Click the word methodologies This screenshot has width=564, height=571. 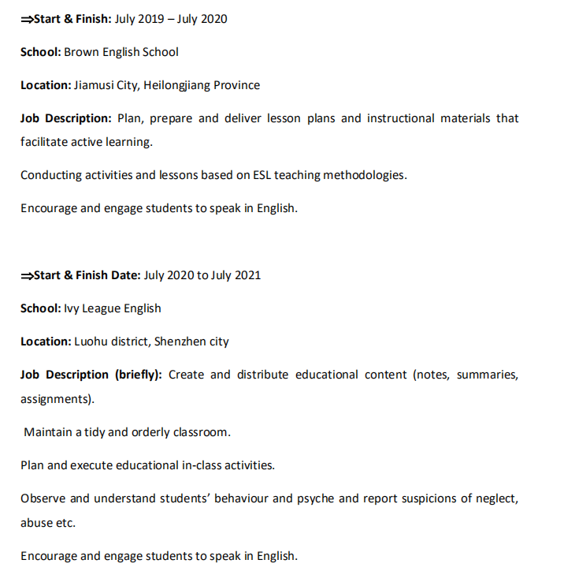(362, 175)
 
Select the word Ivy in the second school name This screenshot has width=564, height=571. (72, 308)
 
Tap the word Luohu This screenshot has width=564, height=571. (91, 341)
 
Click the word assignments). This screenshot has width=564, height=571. (57, 399)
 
